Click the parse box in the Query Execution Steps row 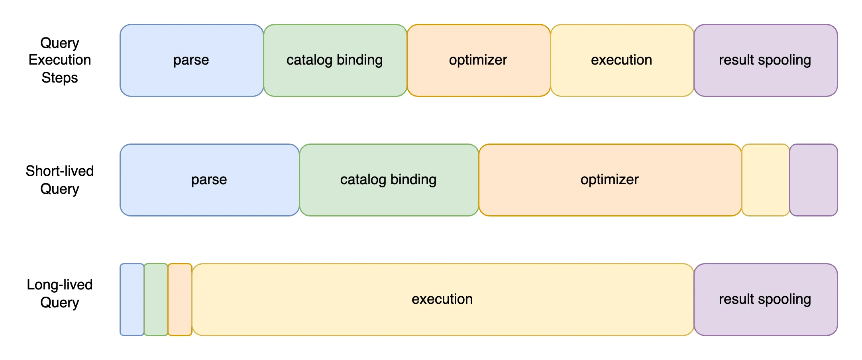point(192,60)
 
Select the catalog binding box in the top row point(335,60)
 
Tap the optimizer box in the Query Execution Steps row point(479,60)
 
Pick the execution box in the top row point(622,60)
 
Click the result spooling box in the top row point(766,60)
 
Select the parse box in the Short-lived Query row point(210,180)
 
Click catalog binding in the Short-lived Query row point(389,180)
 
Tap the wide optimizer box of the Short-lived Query point(610,180)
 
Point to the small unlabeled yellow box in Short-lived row point(766,180)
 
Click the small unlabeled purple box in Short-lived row point(813,180)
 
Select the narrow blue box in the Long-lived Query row point(132,299)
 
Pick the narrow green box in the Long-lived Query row point(156,299)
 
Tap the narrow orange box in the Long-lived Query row point(180,299)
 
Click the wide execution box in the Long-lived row point(443,299)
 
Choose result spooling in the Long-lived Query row point(766,299)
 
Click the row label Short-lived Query point(60,180)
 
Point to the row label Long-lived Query point(60,293)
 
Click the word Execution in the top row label point(60,60)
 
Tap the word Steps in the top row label point(60,78)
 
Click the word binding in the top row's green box point(359,60)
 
